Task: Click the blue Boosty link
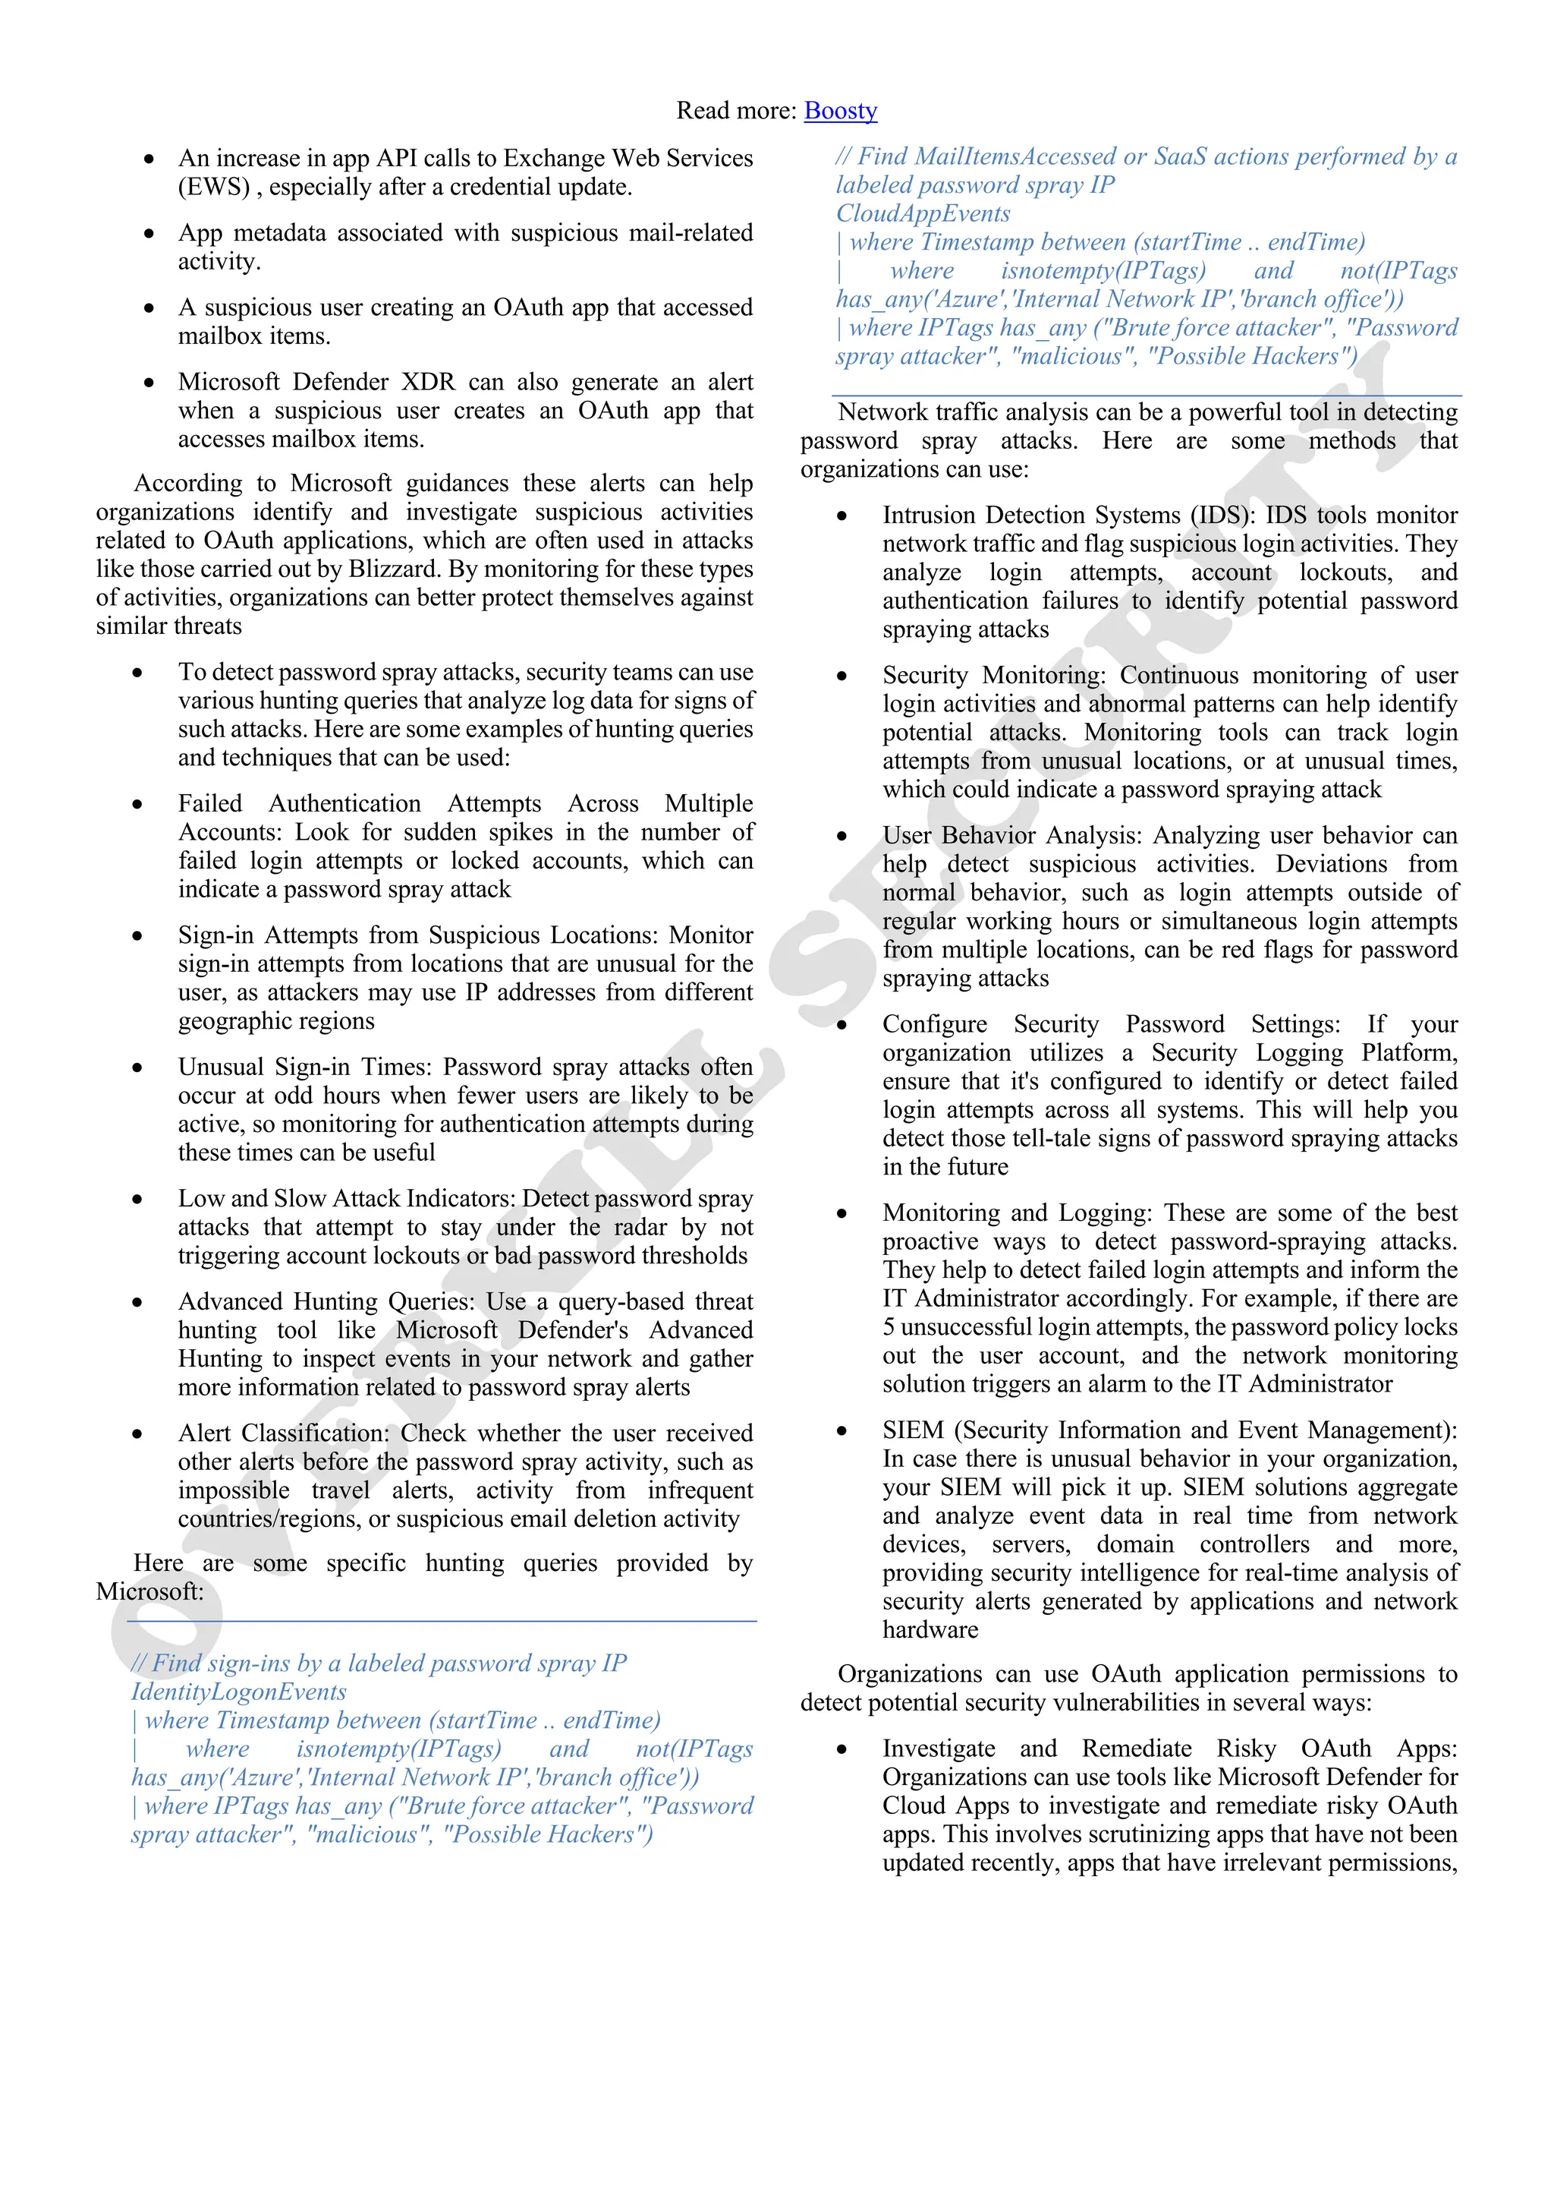[840, 111]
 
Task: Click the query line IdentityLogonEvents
[238, 1692]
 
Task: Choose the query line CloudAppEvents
[923, 213]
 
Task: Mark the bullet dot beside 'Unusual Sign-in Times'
[138, 1067]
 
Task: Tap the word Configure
[934, 1024]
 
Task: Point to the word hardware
[930, 1629]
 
